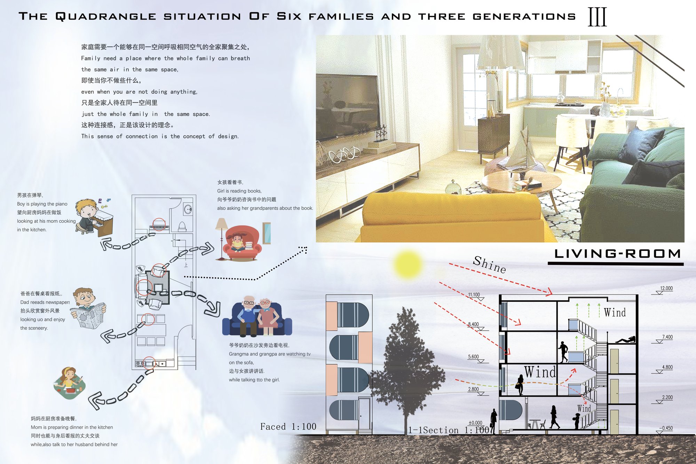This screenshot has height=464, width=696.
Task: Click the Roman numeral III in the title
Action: click(597, 17)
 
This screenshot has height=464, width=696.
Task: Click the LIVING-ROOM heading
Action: click(617, 253)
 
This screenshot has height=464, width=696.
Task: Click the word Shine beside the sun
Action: click(489, 265)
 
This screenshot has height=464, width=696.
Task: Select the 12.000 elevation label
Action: click(666, 288)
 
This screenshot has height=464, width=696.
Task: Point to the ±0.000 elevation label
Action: click(475, 423)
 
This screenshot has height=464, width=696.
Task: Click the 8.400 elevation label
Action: click(473, 324)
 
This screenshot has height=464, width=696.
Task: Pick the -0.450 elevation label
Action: click(666, 428)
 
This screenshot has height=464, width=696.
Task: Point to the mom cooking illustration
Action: click(70, 383)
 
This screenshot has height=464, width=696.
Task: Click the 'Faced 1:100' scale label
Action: click(288, 427)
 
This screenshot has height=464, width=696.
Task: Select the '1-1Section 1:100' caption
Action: click(449, 430)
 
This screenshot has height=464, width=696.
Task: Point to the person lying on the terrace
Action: click(625, 340)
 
